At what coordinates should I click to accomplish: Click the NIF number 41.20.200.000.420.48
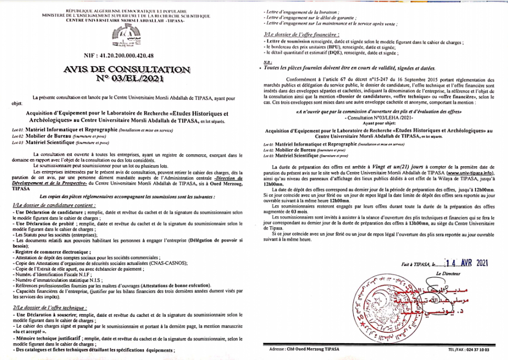pos(126,56)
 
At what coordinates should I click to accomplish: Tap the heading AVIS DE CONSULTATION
pos(126,69)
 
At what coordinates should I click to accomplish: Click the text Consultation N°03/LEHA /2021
pos(377,119)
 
